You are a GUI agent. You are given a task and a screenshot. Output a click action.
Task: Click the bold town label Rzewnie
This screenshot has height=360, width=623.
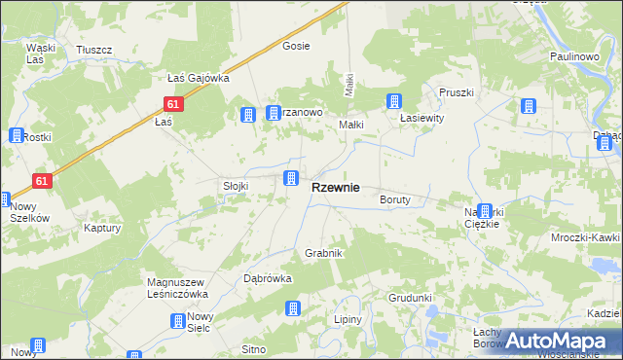pos(335,187)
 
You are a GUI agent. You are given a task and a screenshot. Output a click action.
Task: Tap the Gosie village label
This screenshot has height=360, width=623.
pos(295,46)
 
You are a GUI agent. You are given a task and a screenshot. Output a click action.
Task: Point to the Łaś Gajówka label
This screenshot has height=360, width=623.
pos(198,78)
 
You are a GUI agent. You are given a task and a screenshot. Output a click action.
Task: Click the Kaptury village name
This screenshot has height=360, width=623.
pos(101,229)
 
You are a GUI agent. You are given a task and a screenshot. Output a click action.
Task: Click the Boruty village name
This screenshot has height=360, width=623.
pos(395,199)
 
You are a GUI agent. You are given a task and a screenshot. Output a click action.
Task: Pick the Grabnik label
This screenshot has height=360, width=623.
pos(324,253)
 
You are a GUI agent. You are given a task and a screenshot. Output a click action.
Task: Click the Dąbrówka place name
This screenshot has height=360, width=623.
pos(268,278)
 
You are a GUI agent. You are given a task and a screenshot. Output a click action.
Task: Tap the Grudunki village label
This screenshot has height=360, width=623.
pos(410,298)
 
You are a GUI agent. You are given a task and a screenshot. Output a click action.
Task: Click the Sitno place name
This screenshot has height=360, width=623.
pos(254,348)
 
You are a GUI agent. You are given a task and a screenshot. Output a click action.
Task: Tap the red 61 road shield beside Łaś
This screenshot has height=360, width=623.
pos(173,103)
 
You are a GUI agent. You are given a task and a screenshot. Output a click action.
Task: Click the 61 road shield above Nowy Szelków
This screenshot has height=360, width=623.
pos(41,180)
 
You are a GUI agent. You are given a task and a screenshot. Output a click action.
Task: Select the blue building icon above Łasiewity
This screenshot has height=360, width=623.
pos(394,101)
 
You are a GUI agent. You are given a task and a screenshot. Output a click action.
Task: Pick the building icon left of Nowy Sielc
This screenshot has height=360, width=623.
pos(178,321)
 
